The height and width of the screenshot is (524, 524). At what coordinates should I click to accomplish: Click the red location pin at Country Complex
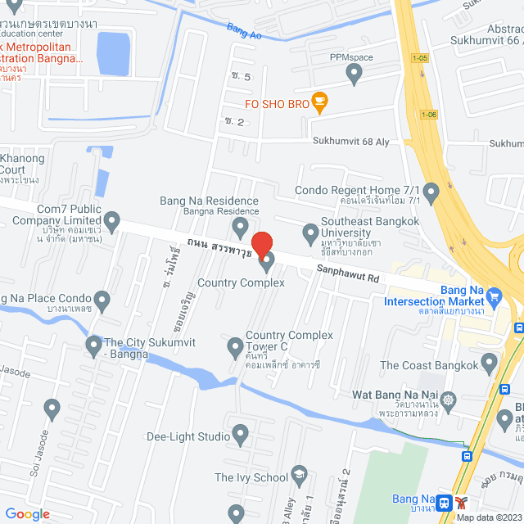[261, 245]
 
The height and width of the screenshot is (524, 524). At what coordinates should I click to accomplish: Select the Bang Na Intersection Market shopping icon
[494, 296]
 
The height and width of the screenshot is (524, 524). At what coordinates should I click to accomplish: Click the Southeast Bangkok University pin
[310, 233]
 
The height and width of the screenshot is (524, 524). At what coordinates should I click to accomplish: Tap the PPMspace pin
[354, 75]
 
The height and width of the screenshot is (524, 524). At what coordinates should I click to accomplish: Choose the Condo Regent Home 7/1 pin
[431, 193]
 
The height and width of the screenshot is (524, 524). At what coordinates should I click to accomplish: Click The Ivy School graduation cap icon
[300, 477]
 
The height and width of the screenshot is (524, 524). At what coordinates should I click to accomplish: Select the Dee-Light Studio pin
[240, 434]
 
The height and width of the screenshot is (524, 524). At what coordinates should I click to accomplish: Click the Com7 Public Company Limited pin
[112, 220]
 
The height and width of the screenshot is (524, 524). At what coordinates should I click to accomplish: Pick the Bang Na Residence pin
[240, 225]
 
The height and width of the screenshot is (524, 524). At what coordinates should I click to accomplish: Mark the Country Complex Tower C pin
[235, 348]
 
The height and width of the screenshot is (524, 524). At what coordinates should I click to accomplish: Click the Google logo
[27, 514]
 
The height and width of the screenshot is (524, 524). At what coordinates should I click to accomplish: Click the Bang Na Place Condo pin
[102, 300]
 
